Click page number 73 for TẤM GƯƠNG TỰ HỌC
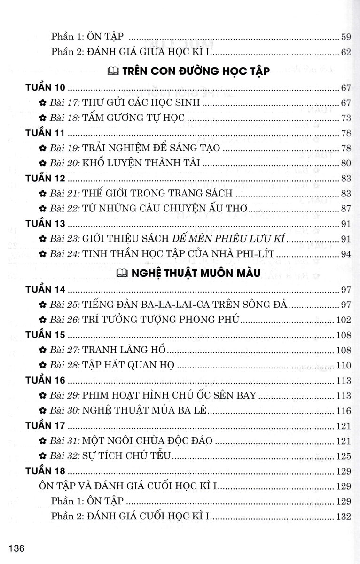coord(346,117)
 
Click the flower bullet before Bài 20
coord(42,164)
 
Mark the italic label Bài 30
coord(65,411)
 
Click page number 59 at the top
coord(346,36)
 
